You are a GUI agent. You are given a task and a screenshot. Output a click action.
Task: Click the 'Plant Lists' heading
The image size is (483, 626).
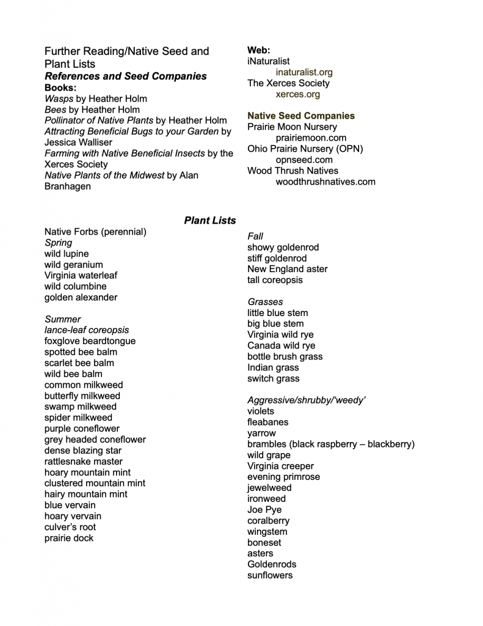click(209, 220)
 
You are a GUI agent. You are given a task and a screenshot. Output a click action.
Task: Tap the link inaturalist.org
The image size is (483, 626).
click(304, 72)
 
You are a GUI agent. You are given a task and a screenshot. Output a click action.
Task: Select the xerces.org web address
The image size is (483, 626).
click(297, 94)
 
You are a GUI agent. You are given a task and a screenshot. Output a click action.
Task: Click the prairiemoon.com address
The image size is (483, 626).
click(311, 138)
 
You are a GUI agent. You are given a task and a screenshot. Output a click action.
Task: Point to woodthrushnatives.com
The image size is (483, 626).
click(325, 182)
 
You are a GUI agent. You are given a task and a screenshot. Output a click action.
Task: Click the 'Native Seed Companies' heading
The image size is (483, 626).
click(300, 116)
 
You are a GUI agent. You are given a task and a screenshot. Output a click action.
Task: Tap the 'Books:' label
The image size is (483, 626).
click(60, 87)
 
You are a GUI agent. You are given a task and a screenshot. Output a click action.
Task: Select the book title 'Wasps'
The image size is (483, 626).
click(59, 98)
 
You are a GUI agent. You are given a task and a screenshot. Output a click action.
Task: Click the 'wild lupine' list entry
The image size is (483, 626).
click(67, 254)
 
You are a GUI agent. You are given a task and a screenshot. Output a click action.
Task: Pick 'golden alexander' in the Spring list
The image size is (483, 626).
click(81, 297)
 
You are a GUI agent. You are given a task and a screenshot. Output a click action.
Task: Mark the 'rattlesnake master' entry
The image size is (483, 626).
click(83, 462)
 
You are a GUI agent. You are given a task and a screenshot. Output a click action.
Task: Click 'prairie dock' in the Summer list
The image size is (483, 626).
click(69, 538)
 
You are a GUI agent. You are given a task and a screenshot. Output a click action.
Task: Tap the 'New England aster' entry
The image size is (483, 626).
click(287, 269)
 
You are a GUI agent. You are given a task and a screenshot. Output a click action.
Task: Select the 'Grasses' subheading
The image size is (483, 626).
click(265, 302)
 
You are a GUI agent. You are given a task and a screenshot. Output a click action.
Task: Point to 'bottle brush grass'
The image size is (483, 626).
click(285, 356)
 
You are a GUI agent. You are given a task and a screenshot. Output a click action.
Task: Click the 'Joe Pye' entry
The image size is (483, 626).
click(264, 510)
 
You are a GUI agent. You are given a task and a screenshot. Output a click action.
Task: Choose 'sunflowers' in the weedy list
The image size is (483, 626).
click(270, 575)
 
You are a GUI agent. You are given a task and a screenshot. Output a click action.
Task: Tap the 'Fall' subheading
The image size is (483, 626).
click(255, 236)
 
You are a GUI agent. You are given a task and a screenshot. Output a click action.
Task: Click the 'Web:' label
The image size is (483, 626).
click(258, 50)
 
